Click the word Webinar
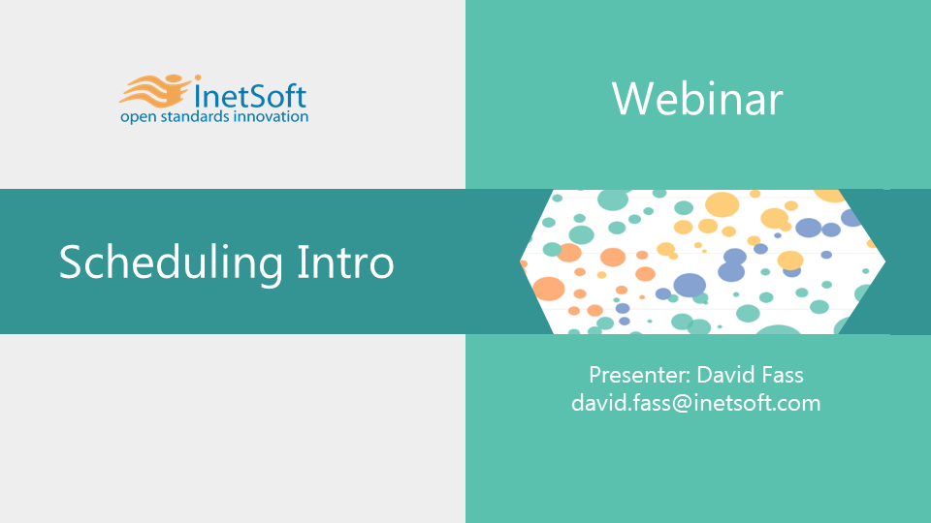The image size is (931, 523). (x=697, y=99)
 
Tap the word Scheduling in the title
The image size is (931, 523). (x=171, y=261)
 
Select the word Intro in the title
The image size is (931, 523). (x=345, y=261)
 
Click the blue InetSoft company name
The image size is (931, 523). (x=250, y=96)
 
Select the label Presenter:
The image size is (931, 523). (x=639, y=375)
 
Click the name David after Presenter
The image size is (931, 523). (x=725, y=375)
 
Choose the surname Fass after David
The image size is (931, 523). (x=782, y=375)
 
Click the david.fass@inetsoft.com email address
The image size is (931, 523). (x=696, y=403)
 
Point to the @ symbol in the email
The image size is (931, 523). (x=682, y=404)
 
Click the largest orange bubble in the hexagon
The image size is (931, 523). (x=548, y=289)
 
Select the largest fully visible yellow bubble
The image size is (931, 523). (x=722, y=205)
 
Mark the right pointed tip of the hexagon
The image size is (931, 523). (x=885, y=261)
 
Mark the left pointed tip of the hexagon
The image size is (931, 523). (x=520, y=261)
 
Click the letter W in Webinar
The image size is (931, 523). (x=630, y=99)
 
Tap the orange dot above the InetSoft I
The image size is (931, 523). (x=197, y=77)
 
